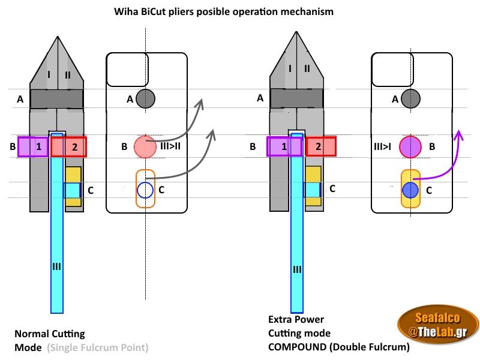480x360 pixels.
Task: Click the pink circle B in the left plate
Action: tap(145, 146)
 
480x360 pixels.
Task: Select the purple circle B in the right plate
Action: tap(410, 146)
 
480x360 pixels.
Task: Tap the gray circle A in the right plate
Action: tap(410, 98)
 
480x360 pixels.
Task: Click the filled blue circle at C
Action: tap(410, 190)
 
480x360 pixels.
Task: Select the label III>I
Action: tap(382, 146)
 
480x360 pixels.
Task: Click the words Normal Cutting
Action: tap(49, 334)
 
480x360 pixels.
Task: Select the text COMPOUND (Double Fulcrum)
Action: tap(339, 347)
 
